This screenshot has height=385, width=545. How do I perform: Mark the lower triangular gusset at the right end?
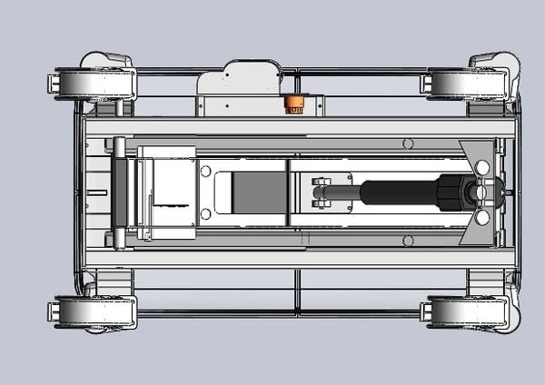tap(479, 233)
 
